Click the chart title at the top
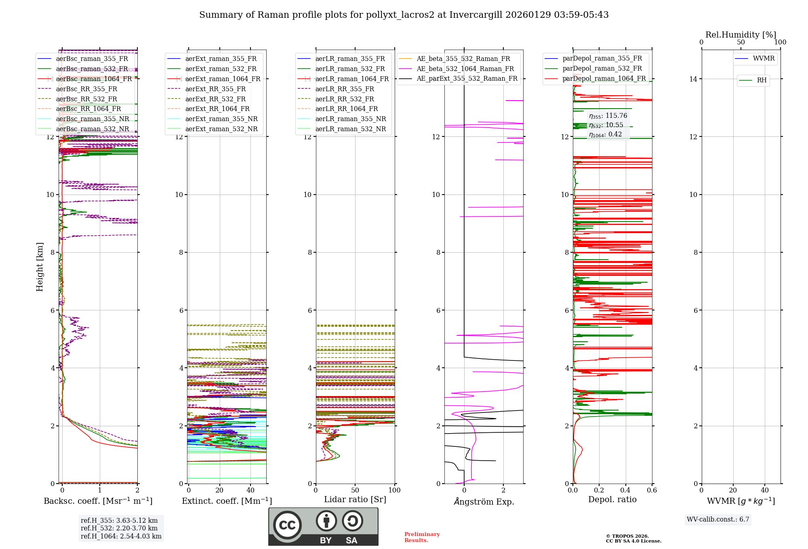coord(404,15)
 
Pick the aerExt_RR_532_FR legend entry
coord(215,99)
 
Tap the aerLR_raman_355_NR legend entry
coord(350,119)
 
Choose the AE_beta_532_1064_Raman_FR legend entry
coord(465,69)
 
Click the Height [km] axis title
coord(40,266)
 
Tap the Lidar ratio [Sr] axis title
coord(355,499)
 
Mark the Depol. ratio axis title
coord(612,499)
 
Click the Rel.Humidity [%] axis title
coord(741,35)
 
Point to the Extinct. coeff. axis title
coord(227,501)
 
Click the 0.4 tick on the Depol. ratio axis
coord(625,490)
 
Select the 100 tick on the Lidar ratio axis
coord(394,490)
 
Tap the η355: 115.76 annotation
coord(608,116)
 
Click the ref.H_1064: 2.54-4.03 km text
coord(121,536)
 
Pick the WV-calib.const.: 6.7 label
coord(718,520)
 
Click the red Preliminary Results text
coord(422,537)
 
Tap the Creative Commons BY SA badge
coord(323,526)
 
